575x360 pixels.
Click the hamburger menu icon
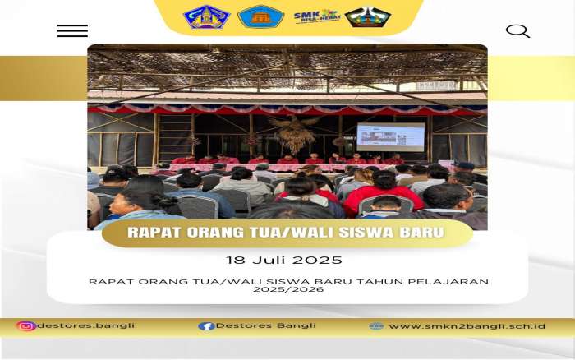click(72, 31)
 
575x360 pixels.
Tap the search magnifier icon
click(517, 31)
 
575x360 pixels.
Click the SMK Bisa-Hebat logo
click(317, 16)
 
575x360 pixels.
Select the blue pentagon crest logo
click(206, 17)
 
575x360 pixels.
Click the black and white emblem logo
click(368, 17)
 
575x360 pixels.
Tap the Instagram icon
click(26, 325)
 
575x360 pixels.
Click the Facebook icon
click(206, 326)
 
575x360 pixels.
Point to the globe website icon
click(376, 326)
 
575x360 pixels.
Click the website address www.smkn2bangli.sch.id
click(467, 326)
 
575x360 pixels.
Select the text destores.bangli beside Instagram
click(85, 325)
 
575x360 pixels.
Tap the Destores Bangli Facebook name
click(266, 325)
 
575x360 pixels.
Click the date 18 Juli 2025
click(284, 261)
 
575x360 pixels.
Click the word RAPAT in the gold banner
click(154, 233)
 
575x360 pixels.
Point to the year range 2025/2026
click(288, 289)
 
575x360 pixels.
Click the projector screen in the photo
click(391, 137)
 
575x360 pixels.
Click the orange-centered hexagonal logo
click(260, 17)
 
